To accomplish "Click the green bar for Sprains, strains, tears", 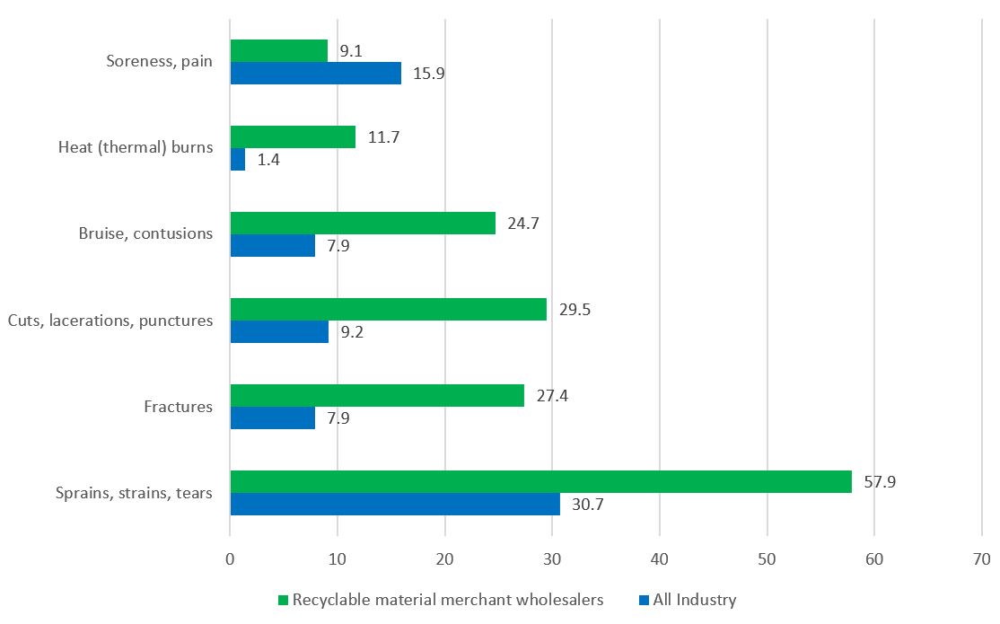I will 540,482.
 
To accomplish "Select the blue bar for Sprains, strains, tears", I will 395,504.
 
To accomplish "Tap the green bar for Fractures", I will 377,396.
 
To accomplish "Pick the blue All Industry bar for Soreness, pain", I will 315,74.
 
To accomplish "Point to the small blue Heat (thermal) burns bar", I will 238,160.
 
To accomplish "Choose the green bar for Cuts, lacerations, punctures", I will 388,310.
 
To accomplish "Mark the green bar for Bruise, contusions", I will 363,224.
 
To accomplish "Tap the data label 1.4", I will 269,160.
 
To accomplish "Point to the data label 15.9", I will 428,74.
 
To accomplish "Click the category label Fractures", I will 178,407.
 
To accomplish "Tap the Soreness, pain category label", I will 159,62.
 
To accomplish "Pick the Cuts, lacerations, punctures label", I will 110,321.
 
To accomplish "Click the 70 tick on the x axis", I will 980,558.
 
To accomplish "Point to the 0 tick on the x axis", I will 231,558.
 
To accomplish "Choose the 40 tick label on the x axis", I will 660,558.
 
